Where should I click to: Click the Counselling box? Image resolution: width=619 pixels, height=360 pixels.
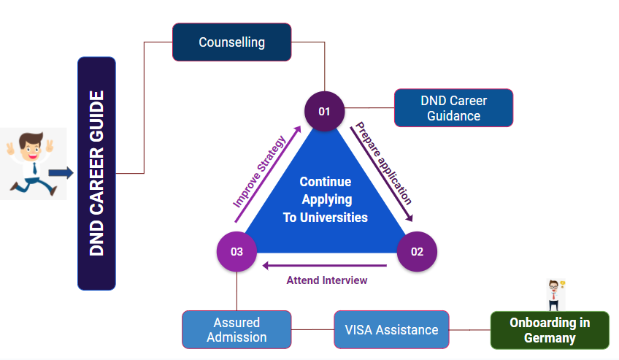[x=231, y=42]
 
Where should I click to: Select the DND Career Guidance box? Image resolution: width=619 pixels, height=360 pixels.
[x=453, y=108]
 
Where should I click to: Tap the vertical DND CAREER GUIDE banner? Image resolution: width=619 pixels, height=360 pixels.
[x=96, y=173]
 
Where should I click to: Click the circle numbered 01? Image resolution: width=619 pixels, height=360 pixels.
[x=324, y=112]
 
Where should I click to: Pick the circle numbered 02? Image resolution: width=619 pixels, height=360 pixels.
[x=416, y=252]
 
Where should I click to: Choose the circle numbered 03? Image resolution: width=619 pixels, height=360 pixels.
[x=237, y=252]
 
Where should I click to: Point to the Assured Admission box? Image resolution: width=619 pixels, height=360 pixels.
[x=236, y=329]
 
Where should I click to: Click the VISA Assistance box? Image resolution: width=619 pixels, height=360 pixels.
[x=391, y=329]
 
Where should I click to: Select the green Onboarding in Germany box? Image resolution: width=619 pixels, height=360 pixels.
[x=549, y=330]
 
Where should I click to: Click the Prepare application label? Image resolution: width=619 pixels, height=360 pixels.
[x=383, y=163]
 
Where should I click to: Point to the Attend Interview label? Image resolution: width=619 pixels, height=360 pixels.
[x=326, y=280]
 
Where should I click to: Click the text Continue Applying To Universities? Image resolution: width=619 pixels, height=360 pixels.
[x=325, y=199]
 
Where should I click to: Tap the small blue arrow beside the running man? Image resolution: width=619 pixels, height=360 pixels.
[x=61, y=173]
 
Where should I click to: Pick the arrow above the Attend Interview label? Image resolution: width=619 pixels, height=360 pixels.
[x=325, y=265]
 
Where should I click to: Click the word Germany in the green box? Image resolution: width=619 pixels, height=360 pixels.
[x=549, y=338]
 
